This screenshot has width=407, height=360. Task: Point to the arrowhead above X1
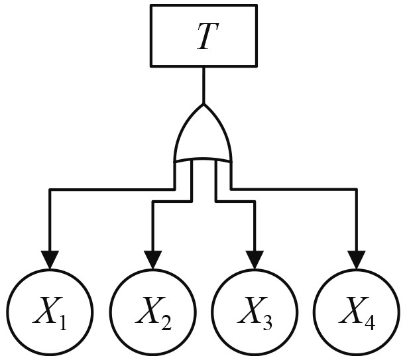tap(50, 260)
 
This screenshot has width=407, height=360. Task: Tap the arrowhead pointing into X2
tap(152, 260)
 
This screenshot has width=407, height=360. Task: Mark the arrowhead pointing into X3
tap(255, 260)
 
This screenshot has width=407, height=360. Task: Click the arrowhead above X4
tap(357, 260)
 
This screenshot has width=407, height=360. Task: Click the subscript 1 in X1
tap(62, 324)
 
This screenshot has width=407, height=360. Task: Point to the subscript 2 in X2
tap(166, 324)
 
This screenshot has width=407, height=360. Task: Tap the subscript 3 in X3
tap(268, 324)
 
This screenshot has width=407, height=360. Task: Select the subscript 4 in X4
tap(369, 324)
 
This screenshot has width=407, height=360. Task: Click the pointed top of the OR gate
tap(203, 105)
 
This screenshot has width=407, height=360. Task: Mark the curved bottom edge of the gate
tap(203, 160)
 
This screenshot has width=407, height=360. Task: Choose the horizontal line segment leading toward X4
tap(295, 190)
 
